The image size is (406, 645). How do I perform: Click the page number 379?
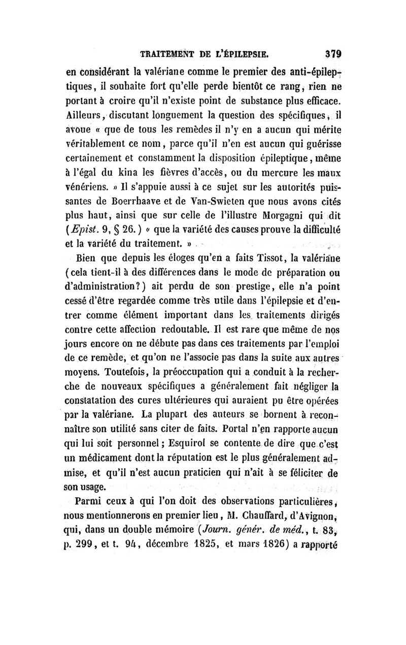(x=330, y=52)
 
